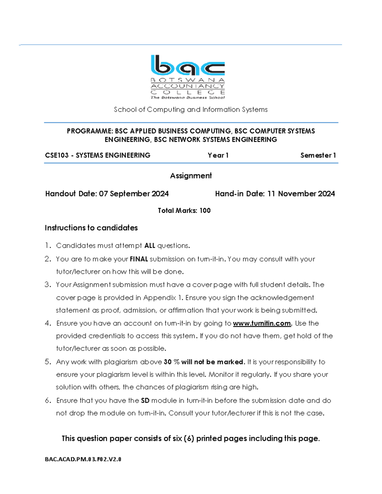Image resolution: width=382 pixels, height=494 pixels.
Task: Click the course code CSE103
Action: pos(57,155)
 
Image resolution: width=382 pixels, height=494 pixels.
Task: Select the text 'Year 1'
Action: pos(218,155)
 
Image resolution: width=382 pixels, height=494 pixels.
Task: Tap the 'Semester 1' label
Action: pos(318,155)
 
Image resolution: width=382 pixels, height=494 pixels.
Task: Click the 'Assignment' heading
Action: pos(191,176)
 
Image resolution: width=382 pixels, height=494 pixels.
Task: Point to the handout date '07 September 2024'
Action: pos(134,194)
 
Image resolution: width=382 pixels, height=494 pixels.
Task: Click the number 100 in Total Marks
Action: pos(205,211)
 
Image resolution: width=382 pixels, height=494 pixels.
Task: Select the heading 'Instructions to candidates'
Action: pos(91,228)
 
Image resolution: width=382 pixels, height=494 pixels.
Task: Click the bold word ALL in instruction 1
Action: pos(150,246)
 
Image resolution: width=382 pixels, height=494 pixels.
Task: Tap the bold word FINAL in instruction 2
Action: pos(139,259)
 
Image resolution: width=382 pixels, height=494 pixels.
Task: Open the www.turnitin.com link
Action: pos(262,324)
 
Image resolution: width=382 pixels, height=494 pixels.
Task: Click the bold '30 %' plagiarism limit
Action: pos(172,362)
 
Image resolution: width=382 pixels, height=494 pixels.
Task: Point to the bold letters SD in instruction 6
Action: pos(145,400)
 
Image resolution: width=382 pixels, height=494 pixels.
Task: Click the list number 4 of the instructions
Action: pos(48,324)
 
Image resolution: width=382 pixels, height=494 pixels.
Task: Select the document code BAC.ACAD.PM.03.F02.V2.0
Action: pos(83,459)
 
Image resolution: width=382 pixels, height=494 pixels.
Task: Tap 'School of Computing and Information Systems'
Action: pos(191,110)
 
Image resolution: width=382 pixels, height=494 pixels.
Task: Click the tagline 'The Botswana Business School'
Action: pos(187,98)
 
